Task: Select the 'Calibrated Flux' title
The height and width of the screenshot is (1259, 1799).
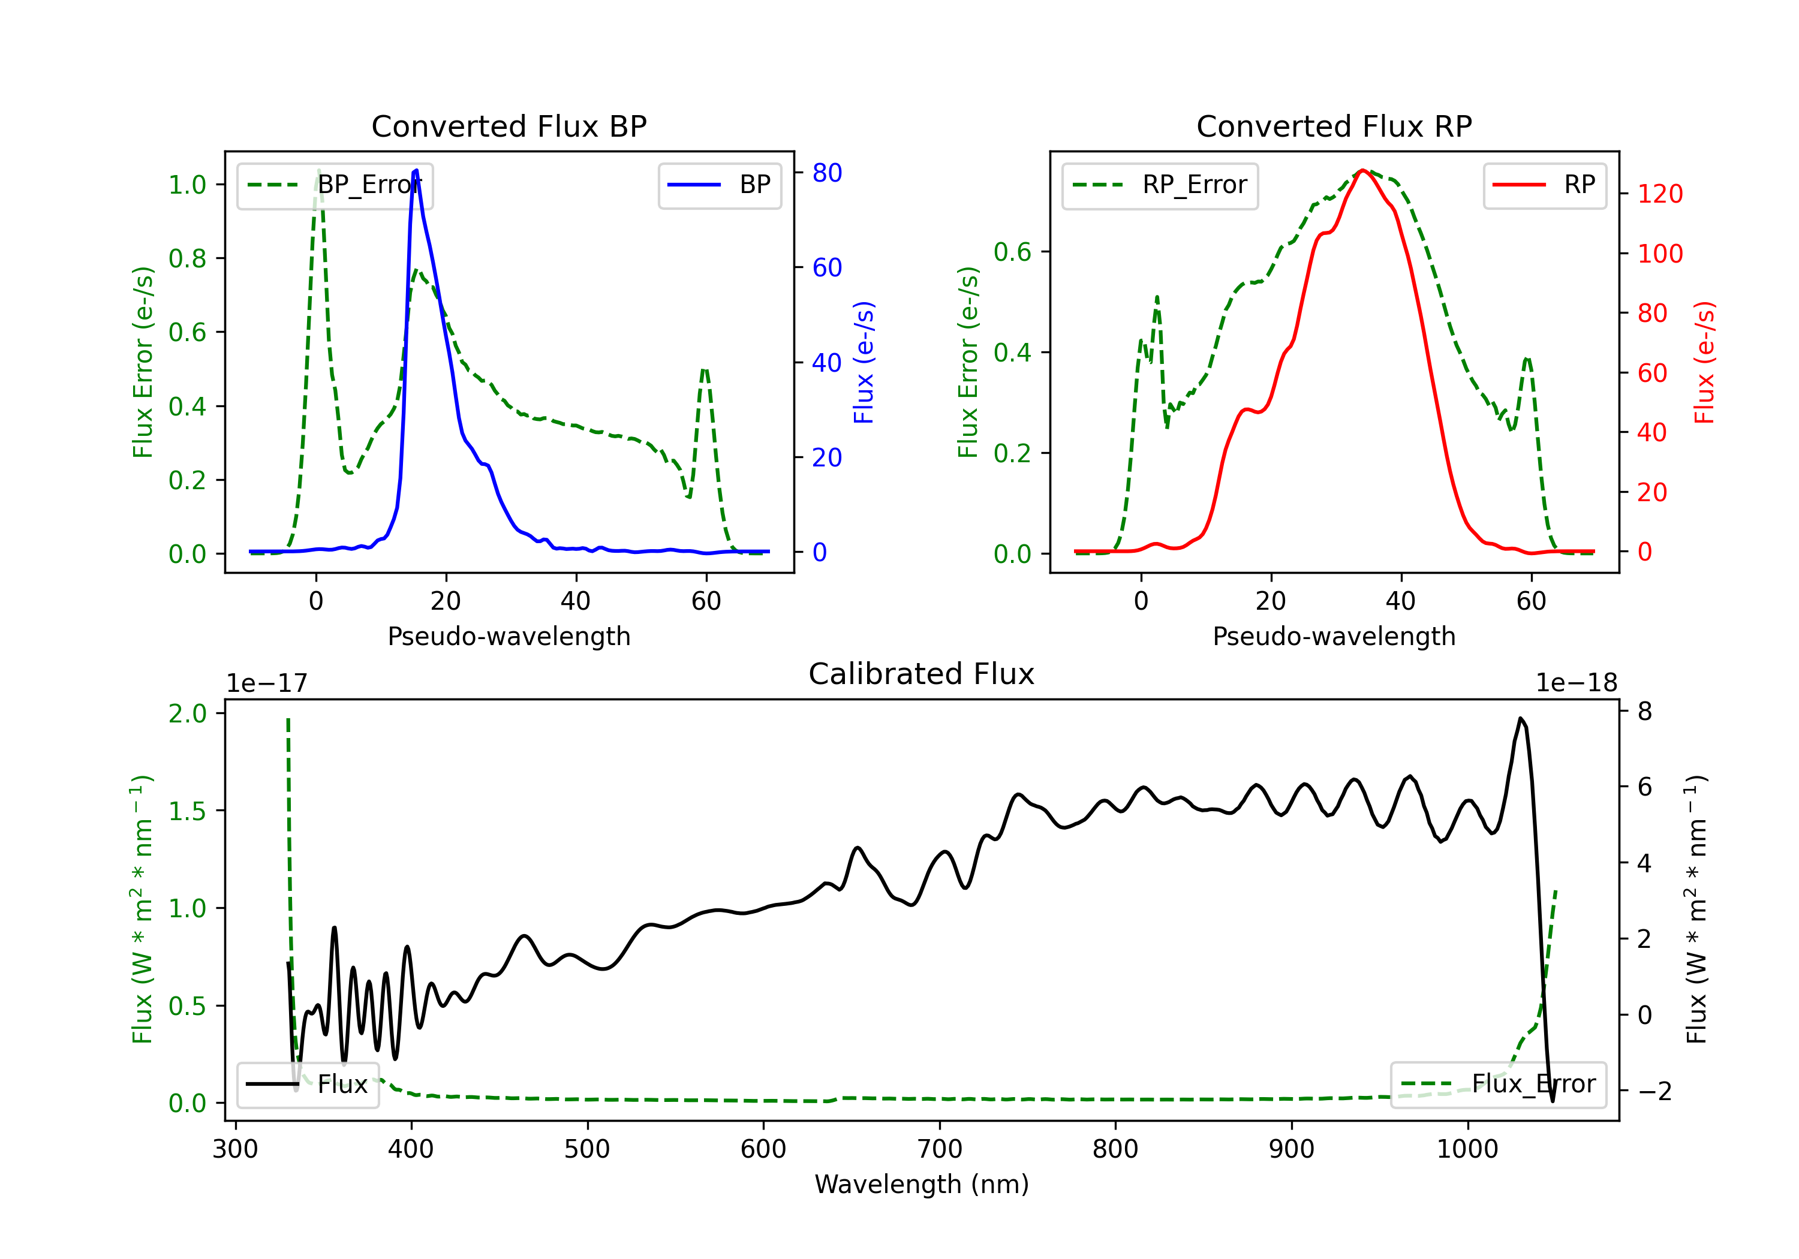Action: pyautogui.click(x=922, y=674)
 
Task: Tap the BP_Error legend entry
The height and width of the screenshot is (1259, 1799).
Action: pyautogui.click(x=335, y=185)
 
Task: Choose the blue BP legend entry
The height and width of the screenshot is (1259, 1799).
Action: pyautogui.click(x=719, y=185)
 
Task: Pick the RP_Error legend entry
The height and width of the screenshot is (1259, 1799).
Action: pyautogui.click(x=1160, y=185)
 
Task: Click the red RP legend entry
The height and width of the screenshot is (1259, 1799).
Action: pyautogui.click(x=1544, y=185)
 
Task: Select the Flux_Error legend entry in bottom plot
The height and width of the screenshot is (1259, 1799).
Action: pyautogui.click(x=1498, y=1085)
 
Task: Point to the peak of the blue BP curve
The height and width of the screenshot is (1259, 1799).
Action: pyautogui.click(x=416, y=170)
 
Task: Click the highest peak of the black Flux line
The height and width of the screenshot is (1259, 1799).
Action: pyautogui.click(x=1520, y=718)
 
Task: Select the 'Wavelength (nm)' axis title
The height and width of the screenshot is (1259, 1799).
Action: pyautogui.click(x=922, y=1185)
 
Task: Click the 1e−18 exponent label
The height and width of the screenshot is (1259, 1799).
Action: pyautogui.click(x=1577, y=683)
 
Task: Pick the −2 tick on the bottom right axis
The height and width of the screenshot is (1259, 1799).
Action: pyautogui.click(x=1654, y=1091)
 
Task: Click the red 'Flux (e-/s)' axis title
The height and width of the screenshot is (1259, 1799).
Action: pyautogui.click(x=1705, y=362)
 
